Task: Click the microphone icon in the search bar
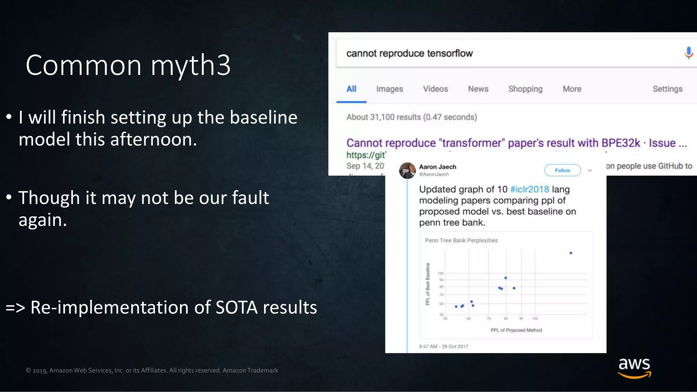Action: tap(688, 53)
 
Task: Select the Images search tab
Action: tap(389, 89)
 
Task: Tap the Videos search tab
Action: tap(435, 89)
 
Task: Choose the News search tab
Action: tap(478, 89)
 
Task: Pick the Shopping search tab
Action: tap(525, 89)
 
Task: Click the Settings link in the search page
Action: tap(667, 89)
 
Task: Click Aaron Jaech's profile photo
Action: tap(407, 170)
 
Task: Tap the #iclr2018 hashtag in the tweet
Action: tap(530, 189)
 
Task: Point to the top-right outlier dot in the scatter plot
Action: tap(571, 253)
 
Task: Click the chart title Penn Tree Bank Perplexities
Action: tap(461, 241)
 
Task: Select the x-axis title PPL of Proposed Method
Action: tap(516, 330)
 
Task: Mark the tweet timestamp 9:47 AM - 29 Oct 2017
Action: tap(443, 346)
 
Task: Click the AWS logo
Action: tap(634, 367)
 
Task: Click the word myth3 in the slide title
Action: tap(191, 65)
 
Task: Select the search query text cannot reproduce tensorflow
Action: tap(409, 53)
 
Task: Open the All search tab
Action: tap(351, 89)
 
